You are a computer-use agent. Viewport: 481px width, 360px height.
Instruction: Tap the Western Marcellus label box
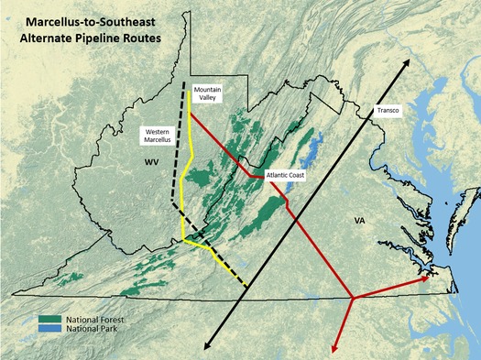click(156, 136)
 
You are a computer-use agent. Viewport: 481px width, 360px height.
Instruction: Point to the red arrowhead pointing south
click(334, 348)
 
